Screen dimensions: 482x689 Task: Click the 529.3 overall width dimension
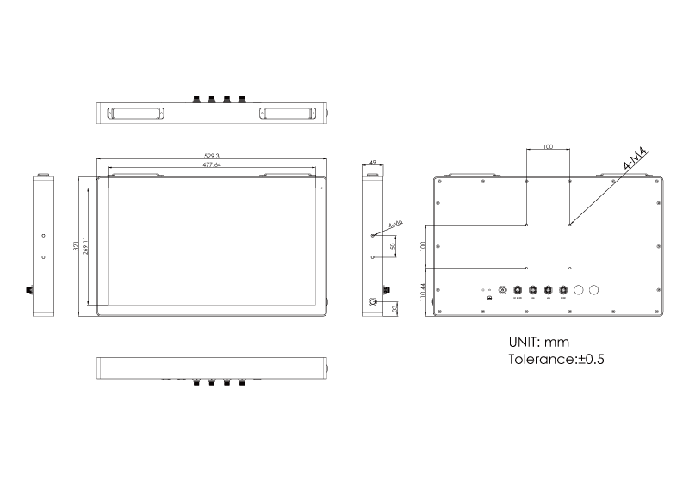point(211,156)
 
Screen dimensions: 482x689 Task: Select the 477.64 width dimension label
point(211,164)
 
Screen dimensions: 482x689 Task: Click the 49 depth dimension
point(372,162)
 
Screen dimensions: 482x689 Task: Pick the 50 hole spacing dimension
point(393,246)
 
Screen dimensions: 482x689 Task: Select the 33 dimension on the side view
point(394,307)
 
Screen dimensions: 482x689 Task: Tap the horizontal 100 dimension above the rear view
point(548,147)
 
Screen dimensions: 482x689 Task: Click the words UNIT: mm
point(538,342)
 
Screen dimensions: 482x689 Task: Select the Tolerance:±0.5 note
point(556,359)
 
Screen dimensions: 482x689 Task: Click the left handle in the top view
point(133,113)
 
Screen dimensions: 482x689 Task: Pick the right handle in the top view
point(288,113)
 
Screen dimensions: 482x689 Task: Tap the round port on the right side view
point(374,302)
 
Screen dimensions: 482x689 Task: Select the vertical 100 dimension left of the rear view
point(423,246)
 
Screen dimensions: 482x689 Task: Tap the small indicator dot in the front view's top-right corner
point(321,188)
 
